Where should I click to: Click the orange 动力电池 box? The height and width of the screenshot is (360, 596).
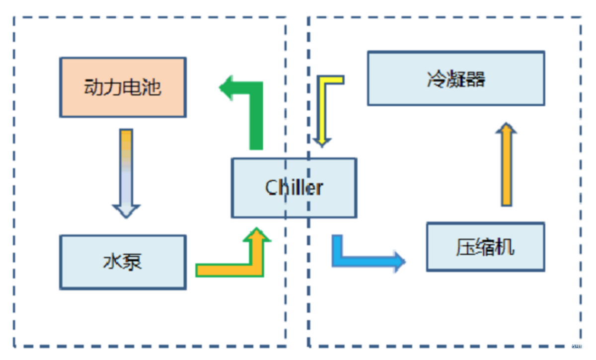[x=123, y=87]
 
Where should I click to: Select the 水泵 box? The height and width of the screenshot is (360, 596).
[x=123, y=262]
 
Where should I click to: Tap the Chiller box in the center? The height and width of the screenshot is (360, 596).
[x=294, y=188]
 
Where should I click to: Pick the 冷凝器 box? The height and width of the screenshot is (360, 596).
[x=455, y=78]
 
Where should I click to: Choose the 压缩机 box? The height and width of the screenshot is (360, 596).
[x=485, y=247]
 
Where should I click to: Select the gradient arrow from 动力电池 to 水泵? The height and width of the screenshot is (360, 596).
[x=126, y=171]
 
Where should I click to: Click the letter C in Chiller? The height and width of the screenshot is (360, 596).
[x=272, y=188]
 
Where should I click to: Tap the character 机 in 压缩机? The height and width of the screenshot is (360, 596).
[x=505, y=247]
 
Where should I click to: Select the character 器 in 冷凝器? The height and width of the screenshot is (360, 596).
[x=476, y=78]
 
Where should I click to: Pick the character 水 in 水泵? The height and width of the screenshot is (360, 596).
[x=112, y=262]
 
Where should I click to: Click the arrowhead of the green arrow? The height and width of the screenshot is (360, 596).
[x=229, y=89]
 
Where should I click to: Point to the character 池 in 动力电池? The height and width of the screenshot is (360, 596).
[x=151, y=87]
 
